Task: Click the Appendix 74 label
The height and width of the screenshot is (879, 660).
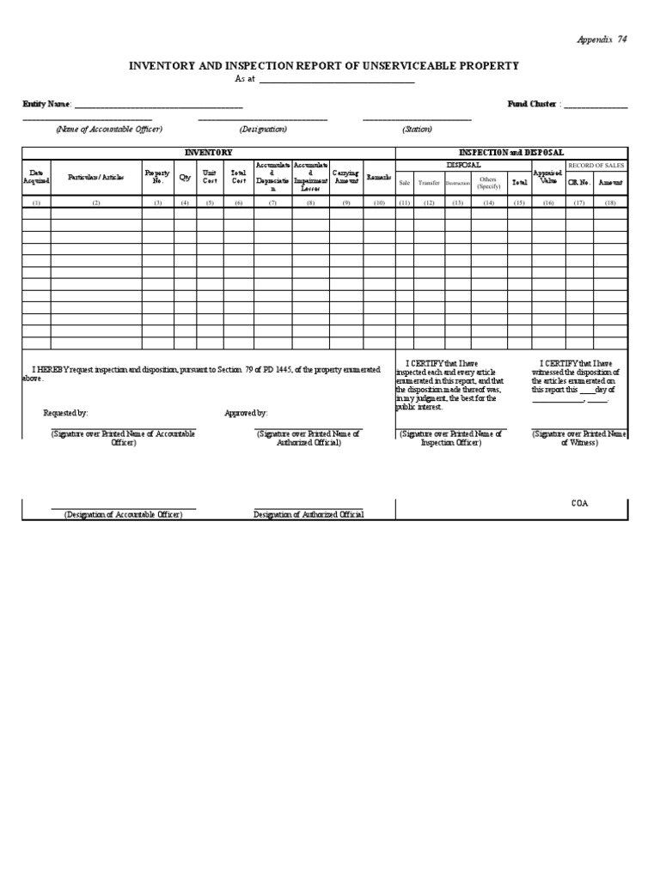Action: [602, 39]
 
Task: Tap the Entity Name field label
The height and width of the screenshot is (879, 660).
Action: [46, 104]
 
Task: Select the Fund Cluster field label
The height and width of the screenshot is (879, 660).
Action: [533, 104]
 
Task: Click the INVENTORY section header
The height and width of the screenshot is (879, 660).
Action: [208, 152]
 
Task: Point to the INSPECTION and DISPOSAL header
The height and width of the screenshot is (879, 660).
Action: [511, 152]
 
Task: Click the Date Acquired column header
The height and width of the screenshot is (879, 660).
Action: [36, 178]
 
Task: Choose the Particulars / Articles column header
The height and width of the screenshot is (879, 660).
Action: [96, 178]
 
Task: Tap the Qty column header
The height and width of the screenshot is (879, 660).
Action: [185, 178]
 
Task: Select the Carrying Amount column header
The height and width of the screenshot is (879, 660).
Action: [345, 178]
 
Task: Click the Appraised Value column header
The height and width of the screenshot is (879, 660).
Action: [547, 178]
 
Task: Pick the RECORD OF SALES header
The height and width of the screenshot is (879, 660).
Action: [596, 165]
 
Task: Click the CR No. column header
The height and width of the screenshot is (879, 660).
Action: [579, 183]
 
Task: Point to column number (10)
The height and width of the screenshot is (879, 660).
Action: [379, 203]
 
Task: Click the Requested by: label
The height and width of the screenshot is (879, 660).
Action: [65, 413]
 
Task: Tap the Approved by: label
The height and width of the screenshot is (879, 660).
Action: [246, 413]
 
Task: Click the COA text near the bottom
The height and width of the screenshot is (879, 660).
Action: [580, 504]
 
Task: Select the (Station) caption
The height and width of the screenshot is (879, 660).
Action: [417, 129]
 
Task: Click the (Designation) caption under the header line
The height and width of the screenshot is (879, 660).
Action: [263, 129]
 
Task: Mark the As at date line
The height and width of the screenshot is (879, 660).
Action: [335, 79]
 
